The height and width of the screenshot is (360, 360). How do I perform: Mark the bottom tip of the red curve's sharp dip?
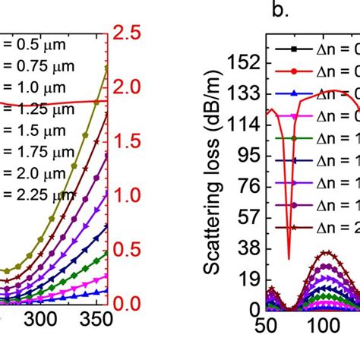[x=289, y=259]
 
